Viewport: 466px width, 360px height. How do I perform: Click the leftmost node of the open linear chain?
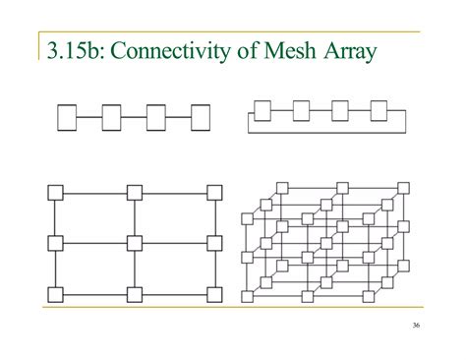pos(66,118)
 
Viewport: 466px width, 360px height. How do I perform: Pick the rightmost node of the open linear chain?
pos(200,118)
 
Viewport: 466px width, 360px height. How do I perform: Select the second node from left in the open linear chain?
pos(111,118)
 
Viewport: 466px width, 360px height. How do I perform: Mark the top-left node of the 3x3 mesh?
pos(55,193)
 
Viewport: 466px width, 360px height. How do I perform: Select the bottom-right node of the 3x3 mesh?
pos(211,293)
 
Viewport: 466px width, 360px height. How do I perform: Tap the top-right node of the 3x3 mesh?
pos(211,193)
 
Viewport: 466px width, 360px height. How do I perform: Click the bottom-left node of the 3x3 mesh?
pos(55,293)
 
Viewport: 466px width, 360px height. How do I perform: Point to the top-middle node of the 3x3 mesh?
pos(134,193)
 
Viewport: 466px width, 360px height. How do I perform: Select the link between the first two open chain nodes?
pos(88,118)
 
